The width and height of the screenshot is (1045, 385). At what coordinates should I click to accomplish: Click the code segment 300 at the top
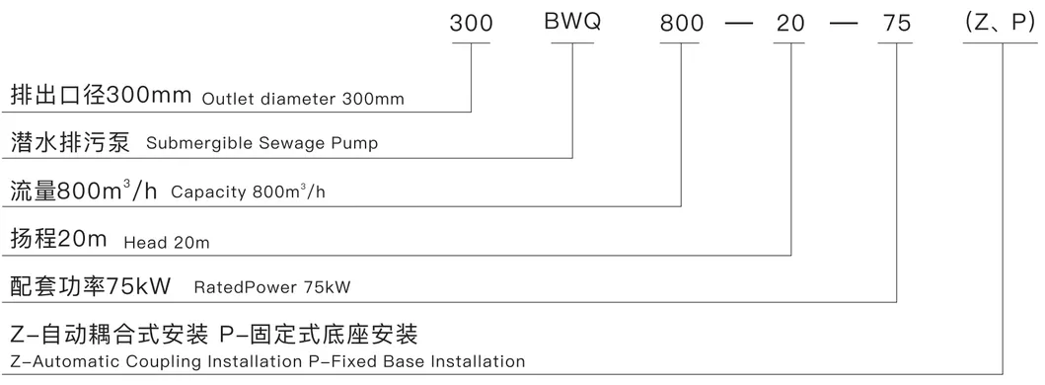pos(471,25)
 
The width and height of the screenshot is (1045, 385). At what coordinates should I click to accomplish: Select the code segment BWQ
pos(573,25)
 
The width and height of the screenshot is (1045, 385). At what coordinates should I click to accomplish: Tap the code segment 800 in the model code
pos(682,25)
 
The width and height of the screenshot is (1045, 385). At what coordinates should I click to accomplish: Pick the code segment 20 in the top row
pos(791,25)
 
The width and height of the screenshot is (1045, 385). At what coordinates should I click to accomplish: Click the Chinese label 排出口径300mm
pos(103,97)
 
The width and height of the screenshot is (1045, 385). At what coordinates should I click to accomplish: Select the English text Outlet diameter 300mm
pos(303,100)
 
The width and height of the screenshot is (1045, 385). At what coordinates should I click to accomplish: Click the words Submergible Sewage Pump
pos(261,144)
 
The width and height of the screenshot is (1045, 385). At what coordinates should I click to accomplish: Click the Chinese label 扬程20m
pos(60,240)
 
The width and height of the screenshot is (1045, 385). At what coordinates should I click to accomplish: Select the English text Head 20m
pos(167,243)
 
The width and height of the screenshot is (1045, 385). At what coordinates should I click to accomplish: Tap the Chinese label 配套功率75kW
pos(90,286)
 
